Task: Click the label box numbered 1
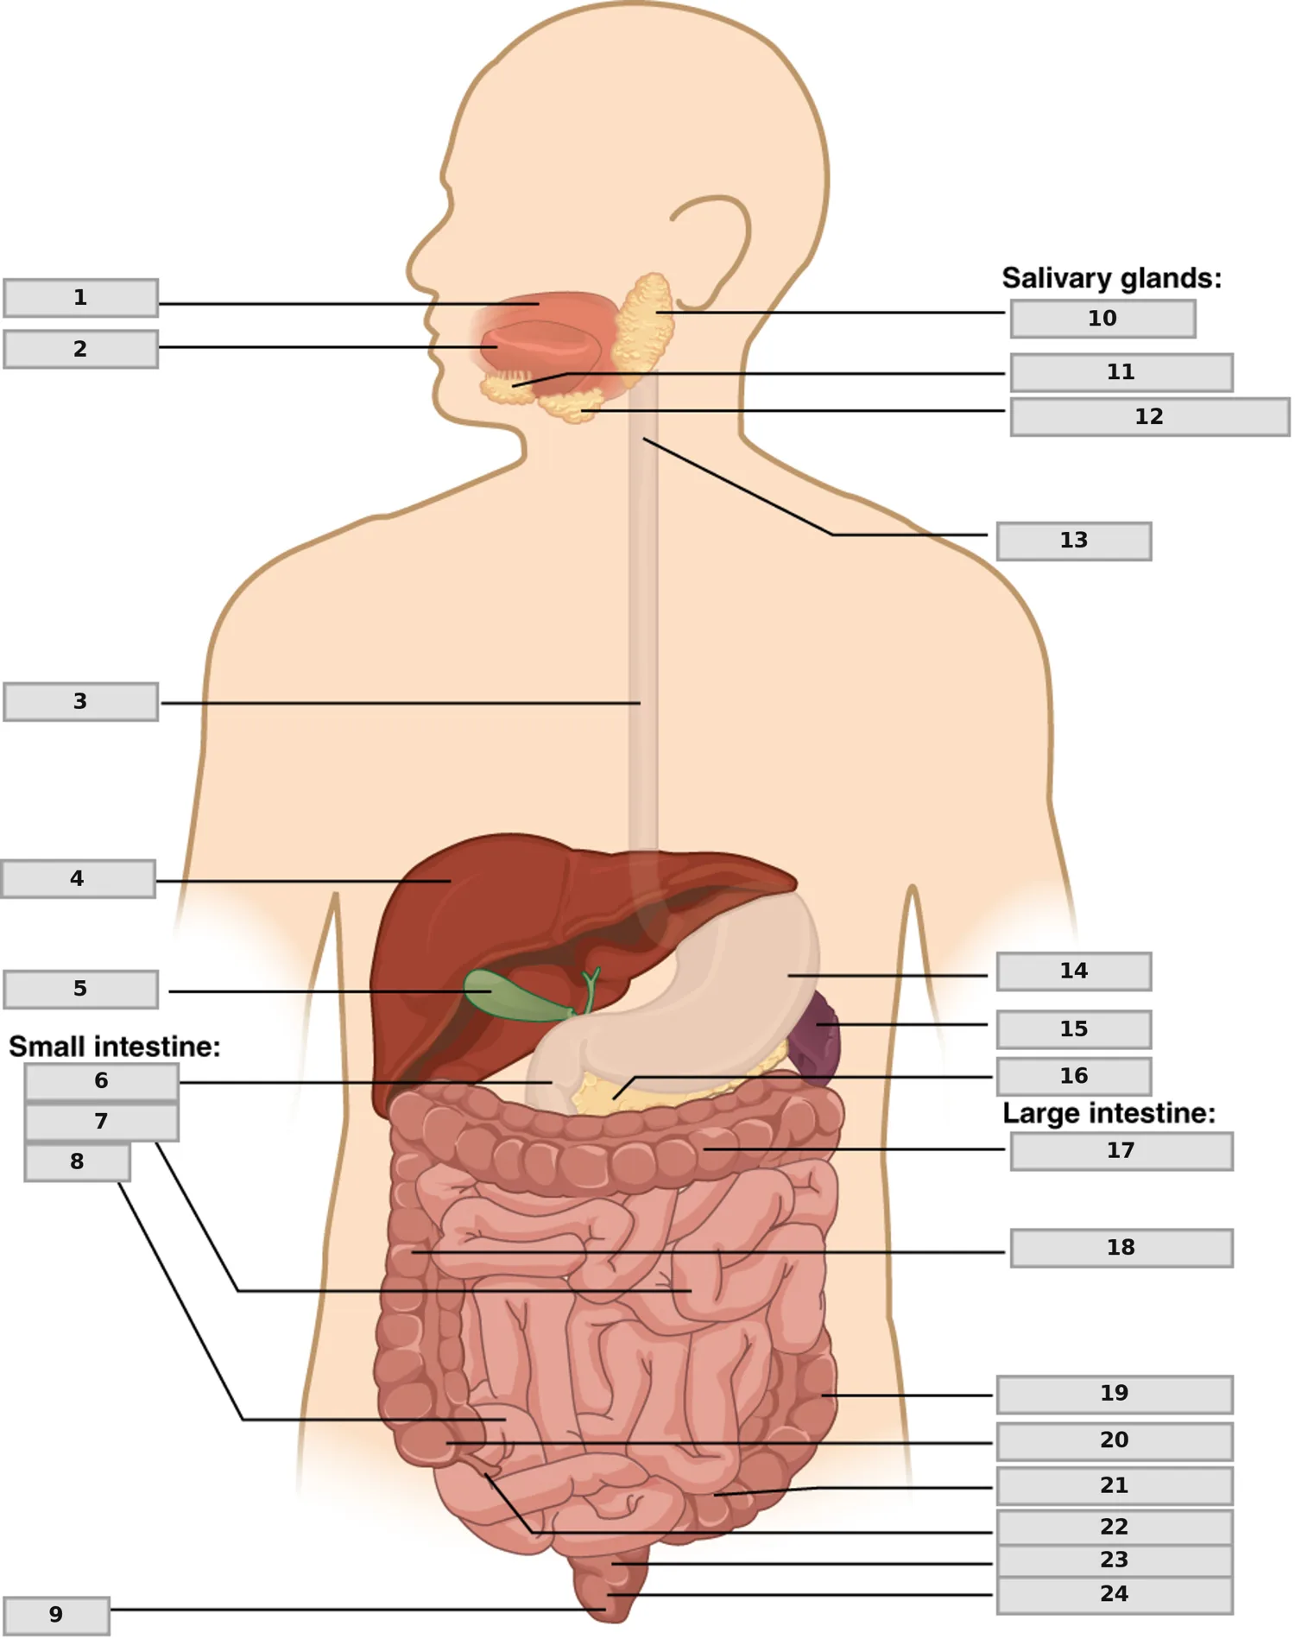point(80,298)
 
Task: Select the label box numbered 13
point(1074,541)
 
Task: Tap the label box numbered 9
point(56,1615)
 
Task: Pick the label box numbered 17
point(1121,1151)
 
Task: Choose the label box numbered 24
point(1115,1594)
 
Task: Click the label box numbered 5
point(80,989)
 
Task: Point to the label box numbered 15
point(1074,1029)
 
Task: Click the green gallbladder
point(509,995)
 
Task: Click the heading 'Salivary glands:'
point(1111,278)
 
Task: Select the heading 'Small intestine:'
point(115,1047)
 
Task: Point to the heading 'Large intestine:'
point(1109,1113)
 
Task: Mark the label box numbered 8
point(77,1162)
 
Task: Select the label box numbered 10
point(1102,319)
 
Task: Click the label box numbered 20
point(1115,1440)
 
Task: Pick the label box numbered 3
point(80,701)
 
